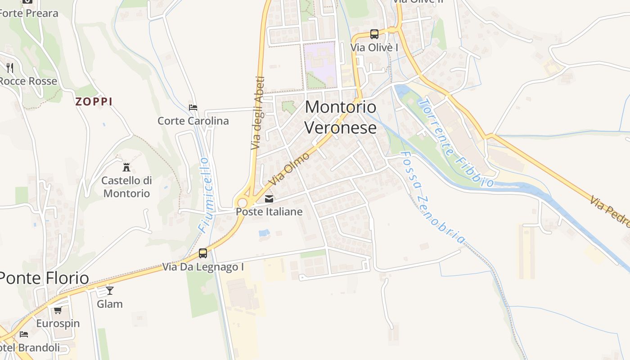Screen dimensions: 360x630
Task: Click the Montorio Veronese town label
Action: [x=341, y=117]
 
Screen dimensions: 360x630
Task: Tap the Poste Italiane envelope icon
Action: [x=269, y=198]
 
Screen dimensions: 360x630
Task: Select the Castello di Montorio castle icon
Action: [x=126, y=167]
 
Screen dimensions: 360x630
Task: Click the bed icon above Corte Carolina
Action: [x=193, y=108]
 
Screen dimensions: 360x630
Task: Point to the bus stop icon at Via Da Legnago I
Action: [x=203, y=253]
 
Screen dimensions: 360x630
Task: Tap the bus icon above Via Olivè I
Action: [x=374, y=34]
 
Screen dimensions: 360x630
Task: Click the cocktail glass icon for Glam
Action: [x=109, y=290]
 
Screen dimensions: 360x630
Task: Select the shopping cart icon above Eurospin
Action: [x=58, y=310]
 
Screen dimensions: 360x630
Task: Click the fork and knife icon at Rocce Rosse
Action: [x=10, y=68]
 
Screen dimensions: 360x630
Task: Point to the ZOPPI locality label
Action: [x=94, y=102]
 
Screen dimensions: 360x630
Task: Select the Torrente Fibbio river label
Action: [x=454, y=143]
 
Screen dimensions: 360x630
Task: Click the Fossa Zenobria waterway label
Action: [x=432, y=197]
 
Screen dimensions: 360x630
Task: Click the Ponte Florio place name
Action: [x=44, y=278]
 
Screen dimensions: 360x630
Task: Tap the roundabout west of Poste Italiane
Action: [x=243, y=203]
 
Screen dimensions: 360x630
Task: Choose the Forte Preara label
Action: [x=29, y=13]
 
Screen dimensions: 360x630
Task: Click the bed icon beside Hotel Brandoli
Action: [x=24, y=334]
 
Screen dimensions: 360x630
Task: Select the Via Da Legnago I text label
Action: [x=203, y=267]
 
